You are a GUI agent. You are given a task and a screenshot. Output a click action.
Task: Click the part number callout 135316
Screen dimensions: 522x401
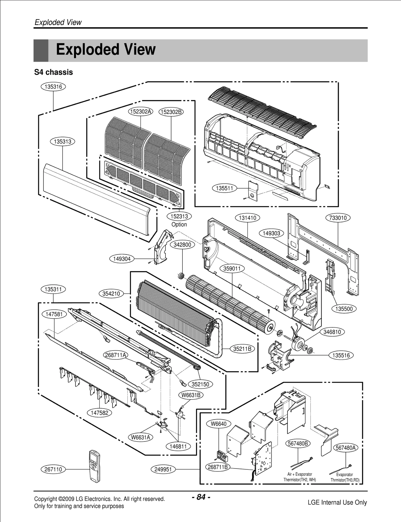53,87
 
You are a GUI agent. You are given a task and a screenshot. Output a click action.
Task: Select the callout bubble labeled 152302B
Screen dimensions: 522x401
171,112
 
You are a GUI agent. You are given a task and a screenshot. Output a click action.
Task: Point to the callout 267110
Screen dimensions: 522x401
53,469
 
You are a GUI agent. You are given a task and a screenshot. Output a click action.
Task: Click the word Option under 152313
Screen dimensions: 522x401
179,225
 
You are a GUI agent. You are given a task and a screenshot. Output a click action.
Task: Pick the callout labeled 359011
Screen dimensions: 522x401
232,269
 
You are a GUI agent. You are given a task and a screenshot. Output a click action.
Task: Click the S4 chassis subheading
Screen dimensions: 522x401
53,72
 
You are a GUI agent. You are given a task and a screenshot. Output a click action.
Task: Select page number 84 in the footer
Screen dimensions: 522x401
201,497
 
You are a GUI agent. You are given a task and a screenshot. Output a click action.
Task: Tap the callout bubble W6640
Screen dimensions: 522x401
219,424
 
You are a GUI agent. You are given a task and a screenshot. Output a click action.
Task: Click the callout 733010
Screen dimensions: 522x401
338,218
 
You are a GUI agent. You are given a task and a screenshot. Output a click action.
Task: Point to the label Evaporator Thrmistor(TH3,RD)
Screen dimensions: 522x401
345,477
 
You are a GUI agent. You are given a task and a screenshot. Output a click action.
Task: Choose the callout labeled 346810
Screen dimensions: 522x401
332,332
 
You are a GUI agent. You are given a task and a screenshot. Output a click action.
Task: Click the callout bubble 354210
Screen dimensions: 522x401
111,293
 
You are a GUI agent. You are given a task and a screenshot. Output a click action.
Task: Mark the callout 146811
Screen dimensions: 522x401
178,446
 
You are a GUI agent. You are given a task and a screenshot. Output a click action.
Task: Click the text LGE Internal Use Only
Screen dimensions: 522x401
337,502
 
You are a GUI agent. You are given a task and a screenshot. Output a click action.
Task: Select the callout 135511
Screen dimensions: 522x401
225,188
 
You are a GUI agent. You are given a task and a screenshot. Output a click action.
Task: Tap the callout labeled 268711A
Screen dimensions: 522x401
116,355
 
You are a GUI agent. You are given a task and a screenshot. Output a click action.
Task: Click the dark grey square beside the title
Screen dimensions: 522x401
41,50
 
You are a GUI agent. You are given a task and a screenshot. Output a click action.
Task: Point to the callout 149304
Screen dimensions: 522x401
122,259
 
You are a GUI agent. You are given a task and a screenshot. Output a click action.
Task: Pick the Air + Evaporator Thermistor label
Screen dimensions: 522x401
299,477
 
